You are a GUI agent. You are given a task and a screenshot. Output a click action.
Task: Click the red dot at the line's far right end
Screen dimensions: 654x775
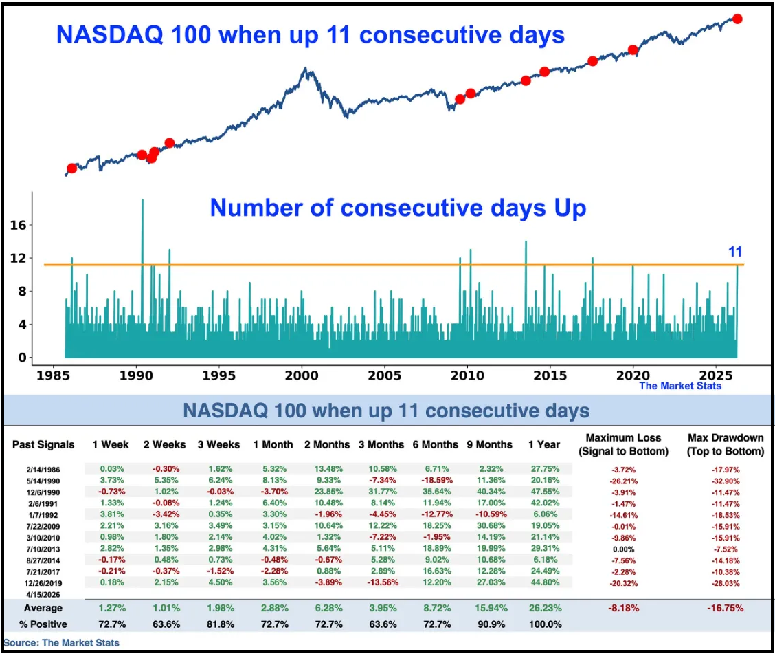tap(737, 19)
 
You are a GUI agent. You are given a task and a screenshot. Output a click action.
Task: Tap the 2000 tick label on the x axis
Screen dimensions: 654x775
tap(302, 375)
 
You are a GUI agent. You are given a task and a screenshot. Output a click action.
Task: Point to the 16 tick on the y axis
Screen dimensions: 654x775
tap(21, 225)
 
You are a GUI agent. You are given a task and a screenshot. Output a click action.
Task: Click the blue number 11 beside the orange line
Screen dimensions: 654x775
tap(736, 252)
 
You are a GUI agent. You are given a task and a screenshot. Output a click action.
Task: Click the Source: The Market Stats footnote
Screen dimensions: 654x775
tap(61, 643)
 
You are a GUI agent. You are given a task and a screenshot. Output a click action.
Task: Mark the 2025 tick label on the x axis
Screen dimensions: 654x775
tap(715, 375)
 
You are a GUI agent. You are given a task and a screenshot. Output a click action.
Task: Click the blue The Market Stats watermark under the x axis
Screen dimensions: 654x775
tap(680, 386)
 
